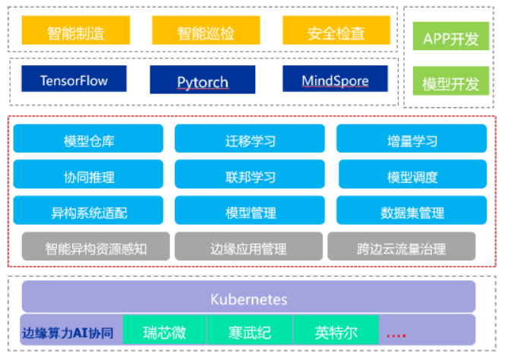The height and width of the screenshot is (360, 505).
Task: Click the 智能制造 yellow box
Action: [76, 33]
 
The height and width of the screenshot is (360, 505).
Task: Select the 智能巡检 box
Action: [207, 33]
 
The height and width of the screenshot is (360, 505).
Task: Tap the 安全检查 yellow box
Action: [336, 33]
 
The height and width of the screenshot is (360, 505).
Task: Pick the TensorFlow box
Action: [74, 81]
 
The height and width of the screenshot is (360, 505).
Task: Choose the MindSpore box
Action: [335, 81]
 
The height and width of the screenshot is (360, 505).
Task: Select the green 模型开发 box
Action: [450, 84]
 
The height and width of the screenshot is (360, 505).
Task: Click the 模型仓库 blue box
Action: [89, 141]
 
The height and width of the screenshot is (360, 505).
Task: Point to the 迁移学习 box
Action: [250, 141]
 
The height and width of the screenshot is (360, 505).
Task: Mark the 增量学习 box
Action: [411, 141]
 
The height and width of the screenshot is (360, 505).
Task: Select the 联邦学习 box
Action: [250, 177]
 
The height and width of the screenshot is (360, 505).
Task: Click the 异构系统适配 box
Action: [89, 213]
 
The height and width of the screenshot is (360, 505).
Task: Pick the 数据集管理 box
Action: [411, 213]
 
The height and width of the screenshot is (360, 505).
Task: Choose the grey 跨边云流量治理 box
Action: [401, 248]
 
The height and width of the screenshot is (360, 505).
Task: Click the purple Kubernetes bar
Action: [248, 298]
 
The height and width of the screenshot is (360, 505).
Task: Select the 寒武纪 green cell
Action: [250, 333]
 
